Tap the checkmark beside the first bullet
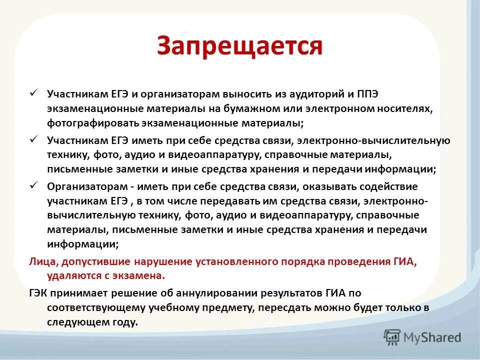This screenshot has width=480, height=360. click(x=34, y=92)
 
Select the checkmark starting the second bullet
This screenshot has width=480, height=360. click(x=34, y=139)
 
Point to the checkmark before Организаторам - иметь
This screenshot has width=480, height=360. click(x=34, y=185)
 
